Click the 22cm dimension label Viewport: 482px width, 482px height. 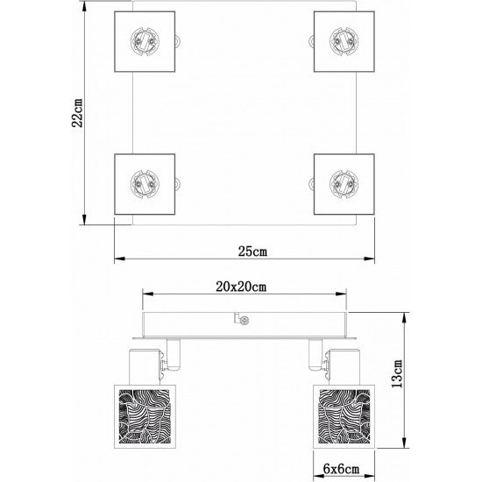[x=78, y=112]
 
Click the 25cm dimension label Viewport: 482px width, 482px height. [x=253, y=252]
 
